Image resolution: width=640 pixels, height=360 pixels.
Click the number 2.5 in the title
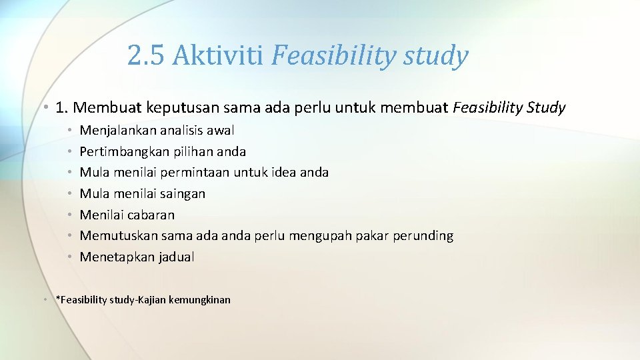(145, 56)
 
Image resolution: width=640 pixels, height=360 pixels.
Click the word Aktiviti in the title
(218, 56)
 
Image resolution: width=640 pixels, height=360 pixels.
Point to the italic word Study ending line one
(547, 107)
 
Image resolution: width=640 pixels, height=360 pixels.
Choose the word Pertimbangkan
(123, 152)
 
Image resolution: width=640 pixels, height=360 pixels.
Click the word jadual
(176, 257)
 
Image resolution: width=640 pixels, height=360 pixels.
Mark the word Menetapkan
(117, 257)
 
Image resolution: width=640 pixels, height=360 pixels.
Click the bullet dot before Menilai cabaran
(69, 215)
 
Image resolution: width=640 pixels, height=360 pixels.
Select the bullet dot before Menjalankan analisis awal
(69, 131)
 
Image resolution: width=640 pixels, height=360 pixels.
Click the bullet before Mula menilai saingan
(69, 194)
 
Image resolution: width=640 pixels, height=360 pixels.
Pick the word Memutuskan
(119, 236)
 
